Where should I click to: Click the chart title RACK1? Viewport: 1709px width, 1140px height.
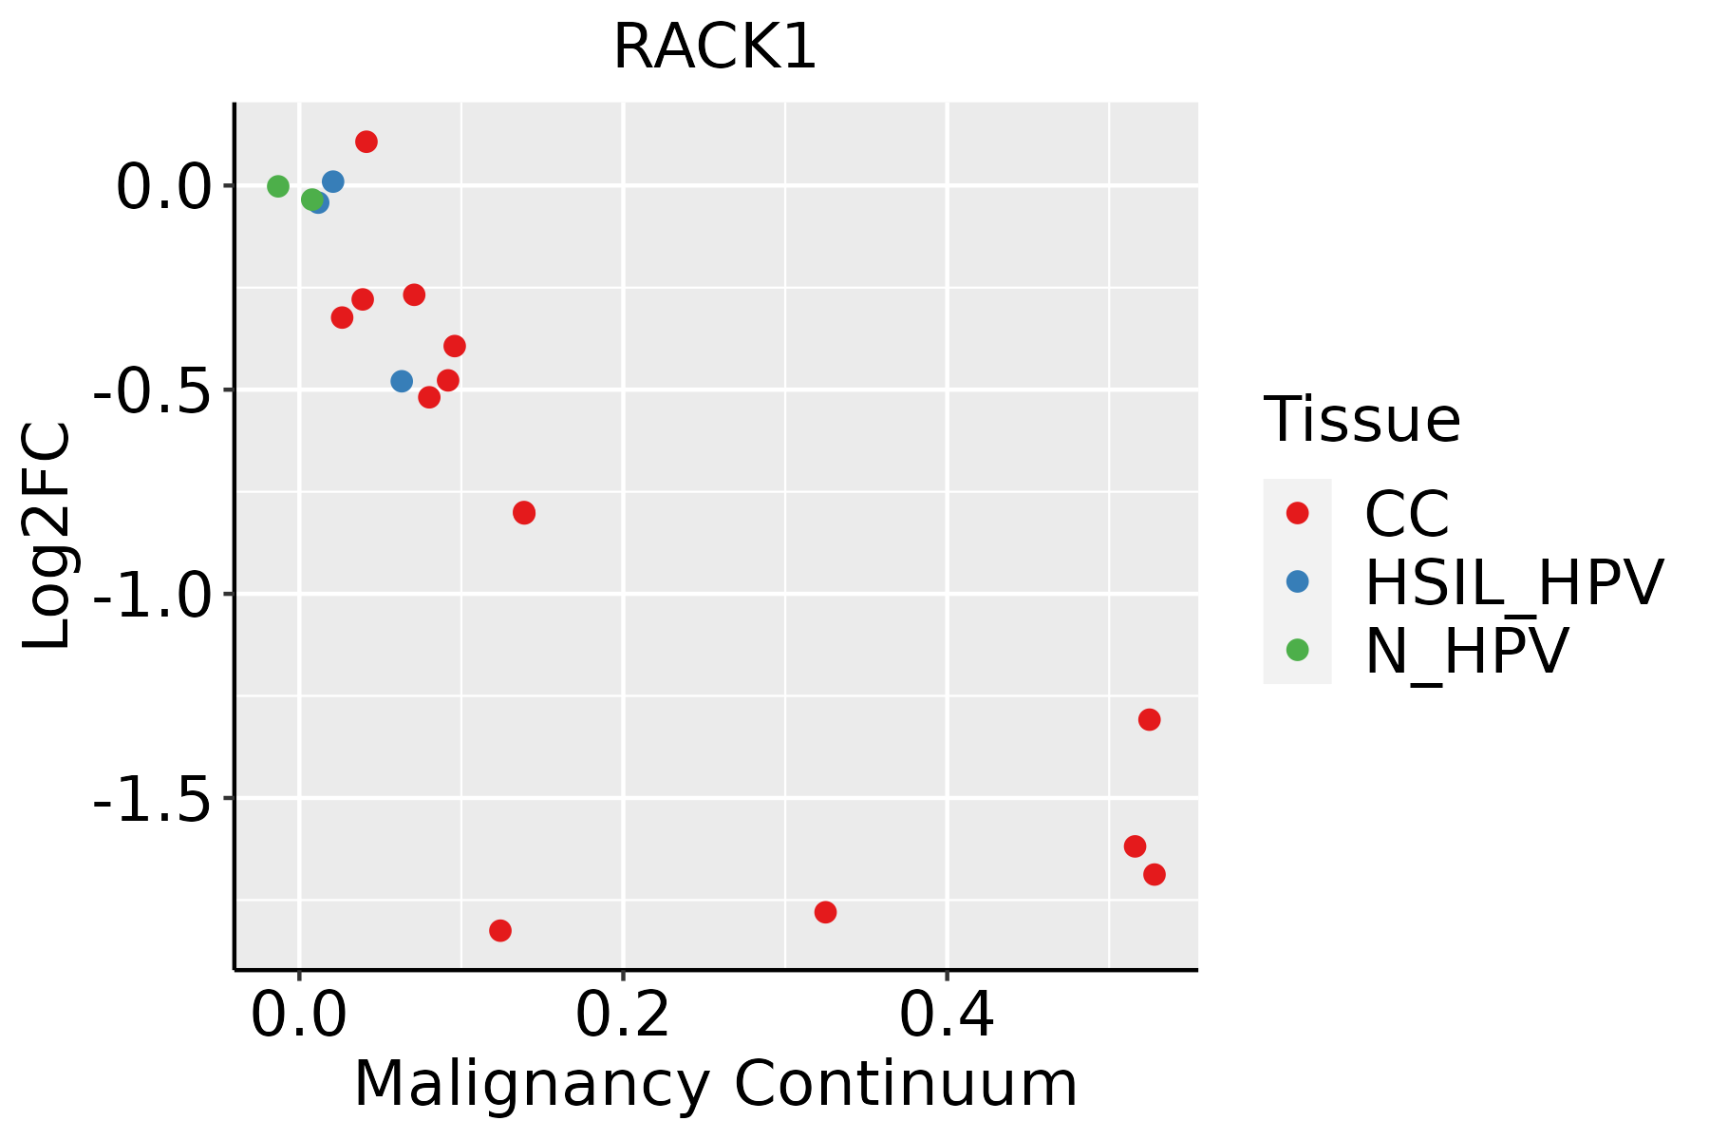click(714, 47)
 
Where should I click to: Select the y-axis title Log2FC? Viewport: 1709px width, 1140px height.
click(47, 536)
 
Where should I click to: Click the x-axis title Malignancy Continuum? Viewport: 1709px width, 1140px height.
click(715, 1085)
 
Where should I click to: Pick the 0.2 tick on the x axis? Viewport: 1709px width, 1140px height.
click(623, 1016)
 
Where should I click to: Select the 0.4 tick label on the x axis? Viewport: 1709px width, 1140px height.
click(947, 1016)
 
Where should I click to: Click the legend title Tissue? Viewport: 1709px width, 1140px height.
click(1362, 419)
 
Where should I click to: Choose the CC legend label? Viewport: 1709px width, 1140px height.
click(1407, 514)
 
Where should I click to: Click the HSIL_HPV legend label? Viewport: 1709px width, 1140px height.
click(1513, 582)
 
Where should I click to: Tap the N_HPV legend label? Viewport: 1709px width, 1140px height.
click(1466, 651)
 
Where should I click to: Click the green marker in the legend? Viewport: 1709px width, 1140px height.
click(1297, 650)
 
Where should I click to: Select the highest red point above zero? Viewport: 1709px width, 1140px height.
click(366, 142)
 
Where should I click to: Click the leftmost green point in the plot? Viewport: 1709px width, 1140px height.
click(278, 186)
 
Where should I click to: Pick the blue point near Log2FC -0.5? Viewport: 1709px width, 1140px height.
click(402, 381)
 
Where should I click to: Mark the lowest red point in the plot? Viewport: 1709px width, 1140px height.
click(500, 930)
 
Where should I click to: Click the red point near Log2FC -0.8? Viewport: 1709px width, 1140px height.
click(524, 513)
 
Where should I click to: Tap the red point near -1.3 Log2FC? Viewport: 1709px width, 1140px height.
click(1150, 720)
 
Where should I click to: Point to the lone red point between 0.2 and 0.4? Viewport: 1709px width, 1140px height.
click(825, 912)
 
